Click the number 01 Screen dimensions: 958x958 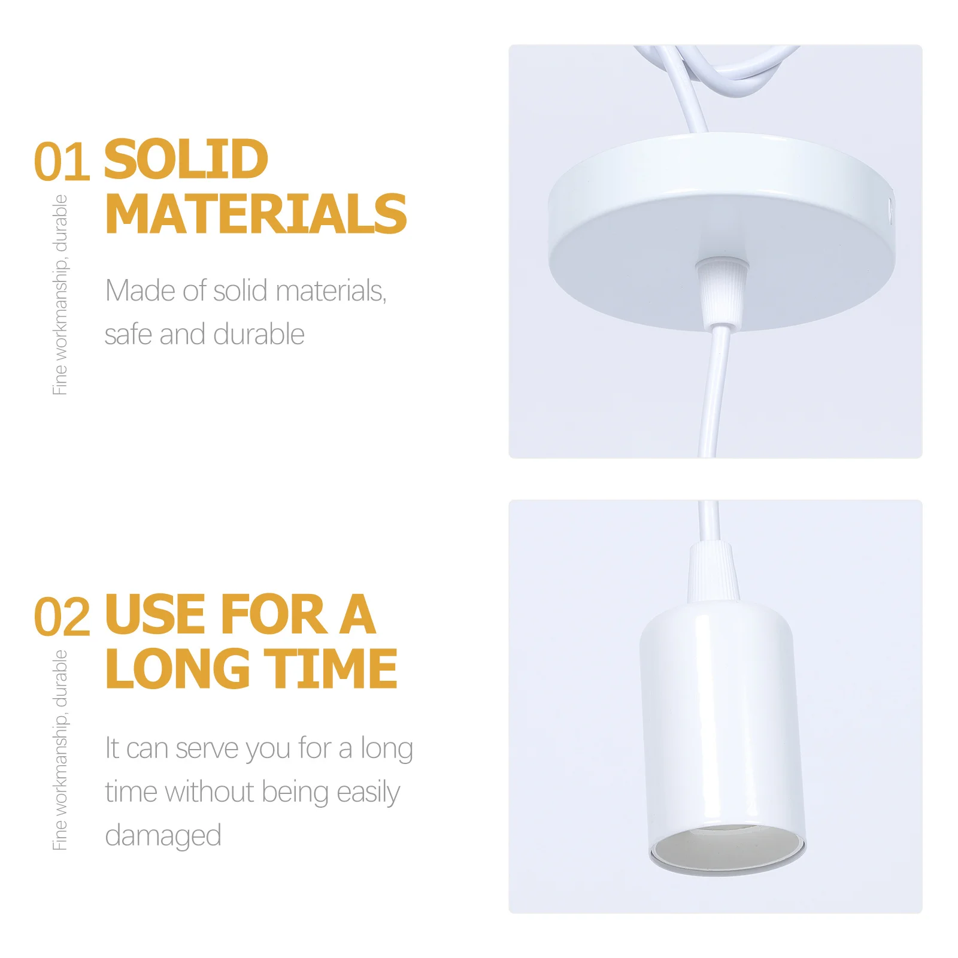[62, 162]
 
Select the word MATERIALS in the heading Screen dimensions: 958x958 [256, 214]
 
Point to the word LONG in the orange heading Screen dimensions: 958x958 [177, 669]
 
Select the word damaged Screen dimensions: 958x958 [163, 836]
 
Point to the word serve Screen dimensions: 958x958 [207, 748]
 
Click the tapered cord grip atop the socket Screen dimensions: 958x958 [713, 572]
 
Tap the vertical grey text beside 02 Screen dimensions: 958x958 [60, 750]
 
